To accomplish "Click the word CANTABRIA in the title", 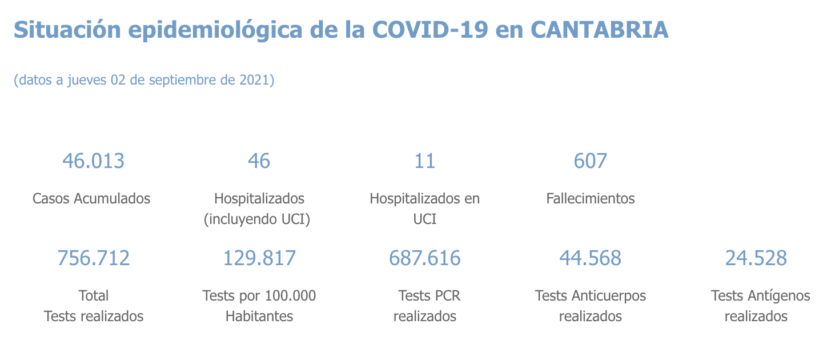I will (x=599, y=30).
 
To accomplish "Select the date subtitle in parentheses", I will (x=144, y=79).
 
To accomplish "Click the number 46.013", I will (x=93, y=161).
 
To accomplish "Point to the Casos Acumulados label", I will (x=91, y=198).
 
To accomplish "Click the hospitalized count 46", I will (x=259, y=161).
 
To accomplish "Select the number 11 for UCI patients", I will (x=424, y=161).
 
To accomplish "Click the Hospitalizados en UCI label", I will (x=424, y=209).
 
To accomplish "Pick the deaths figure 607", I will (x=590, y=161).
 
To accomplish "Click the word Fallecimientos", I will (x=590, y=198).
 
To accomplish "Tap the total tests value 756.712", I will (x=93, y=258).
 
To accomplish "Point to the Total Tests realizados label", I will (x=93, y=306).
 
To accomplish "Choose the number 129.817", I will (x=259, y=258).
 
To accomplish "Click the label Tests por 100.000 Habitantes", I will (x=259, y=306).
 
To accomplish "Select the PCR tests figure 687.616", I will (x=424, y=258).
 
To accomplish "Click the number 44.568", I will (x=590, y=258).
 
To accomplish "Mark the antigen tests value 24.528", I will (x=756, y=258).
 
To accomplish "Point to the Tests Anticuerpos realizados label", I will (x=590, y=306).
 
